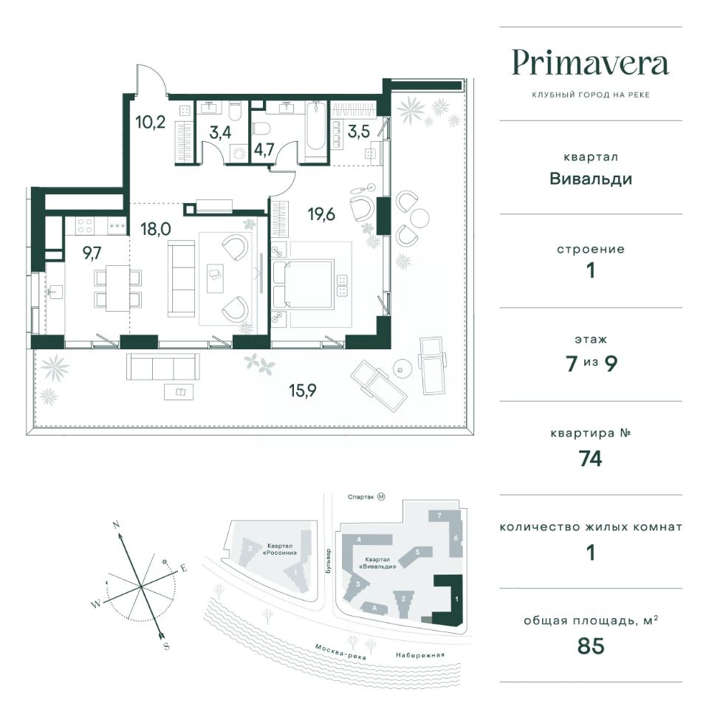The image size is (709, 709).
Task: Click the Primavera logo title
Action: pyautogui.click(x=590, y=64)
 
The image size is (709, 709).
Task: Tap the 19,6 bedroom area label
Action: pyautogui.click(x=321, y=214)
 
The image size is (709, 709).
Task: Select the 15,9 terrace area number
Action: pyautogui.click(x=303, y=390)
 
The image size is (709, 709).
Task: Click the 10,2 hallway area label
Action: pyautogui.click(x=151, y=122)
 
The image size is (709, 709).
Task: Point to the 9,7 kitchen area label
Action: pyautogui.click(x=92, y=253)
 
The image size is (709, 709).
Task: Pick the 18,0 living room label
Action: pyautogui.click(x=156, y=229)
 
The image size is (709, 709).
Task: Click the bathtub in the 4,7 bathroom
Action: pyautogui.click(x=315, y=129)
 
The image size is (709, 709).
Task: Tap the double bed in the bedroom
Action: pyautogui.click(x=304, y=284)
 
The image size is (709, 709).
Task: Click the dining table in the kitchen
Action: pyautogui.click(x=117, y=287)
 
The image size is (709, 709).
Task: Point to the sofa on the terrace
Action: pyautogui.click(x=162, y=367)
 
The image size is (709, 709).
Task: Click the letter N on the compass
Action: pyautogui.click(x=116, y=525)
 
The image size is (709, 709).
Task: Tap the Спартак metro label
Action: pyautogui.click(x=361, y=497)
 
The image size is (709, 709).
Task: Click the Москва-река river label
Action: pyautogui.click(x=340, y=651)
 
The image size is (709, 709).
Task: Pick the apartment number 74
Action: pyautogui.click(x=591, y=459)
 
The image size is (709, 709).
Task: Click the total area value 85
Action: pyautogui.click(x=591, y=645)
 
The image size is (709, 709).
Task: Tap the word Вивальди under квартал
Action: pyautogui.click(x=591, y=179)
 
